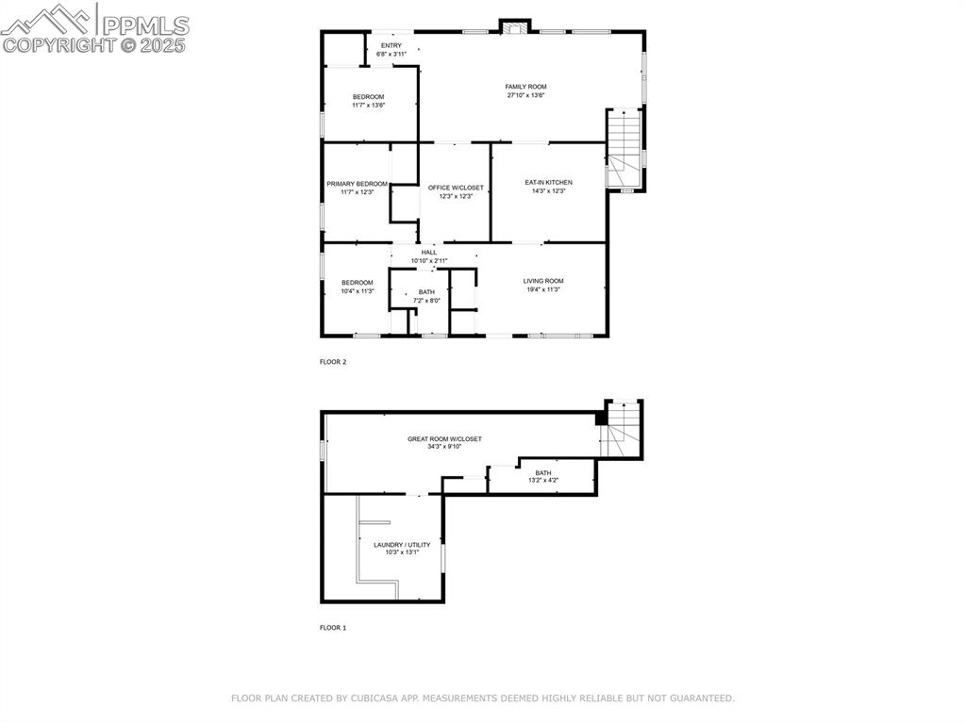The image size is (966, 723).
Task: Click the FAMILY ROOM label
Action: pos(525,87)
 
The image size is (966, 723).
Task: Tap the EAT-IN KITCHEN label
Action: pos(548,183)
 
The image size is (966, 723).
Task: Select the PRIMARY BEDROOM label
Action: pos(358,184)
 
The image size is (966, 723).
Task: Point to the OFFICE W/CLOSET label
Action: pos(456,188)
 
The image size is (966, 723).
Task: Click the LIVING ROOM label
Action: pos(543,281)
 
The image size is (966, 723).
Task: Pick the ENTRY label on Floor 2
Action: pos(391,45)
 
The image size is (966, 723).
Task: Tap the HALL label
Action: pos(429,253)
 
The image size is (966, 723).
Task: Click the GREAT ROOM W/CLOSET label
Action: pos(444,439)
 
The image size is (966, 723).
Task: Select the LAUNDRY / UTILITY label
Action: pos(402,545)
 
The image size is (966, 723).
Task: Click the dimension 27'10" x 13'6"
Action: pos(525,95)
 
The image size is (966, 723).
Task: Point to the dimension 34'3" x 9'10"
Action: pos(444,447)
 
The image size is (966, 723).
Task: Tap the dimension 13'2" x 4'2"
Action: pos(543,481)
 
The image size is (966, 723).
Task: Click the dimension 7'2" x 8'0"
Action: pos(426,301)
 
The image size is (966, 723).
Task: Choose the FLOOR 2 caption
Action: pos(333,361)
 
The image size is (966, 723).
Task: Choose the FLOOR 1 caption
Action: pos(333,627)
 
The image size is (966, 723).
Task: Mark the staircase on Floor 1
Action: pos(623,429)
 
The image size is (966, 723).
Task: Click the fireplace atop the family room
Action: pos(515,27)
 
